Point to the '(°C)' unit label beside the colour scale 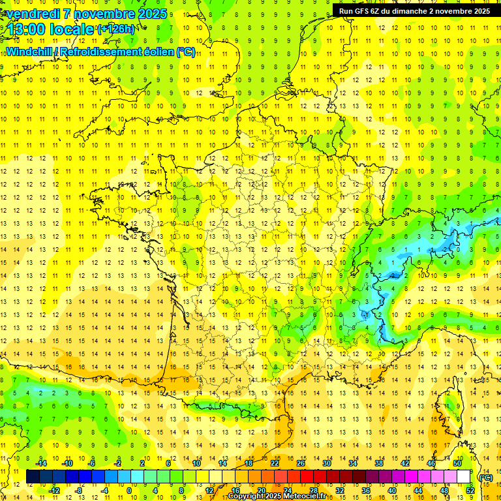point(485,478)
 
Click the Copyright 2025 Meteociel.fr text point(277,496)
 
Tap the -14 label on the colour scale point(42,463)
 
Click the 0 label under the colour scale point(129,490)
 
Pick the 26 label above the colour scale point(301,463)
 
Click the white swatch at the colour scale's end point(464,477)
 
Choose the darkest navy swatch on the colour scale point(33,477)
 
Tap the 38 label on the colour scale point(378,463)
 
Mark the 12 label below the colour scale point(209,490)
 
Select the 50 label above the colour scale point(457,463)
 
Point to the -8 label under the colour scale point(78,490)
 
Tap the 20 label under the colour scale point(261,490)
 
